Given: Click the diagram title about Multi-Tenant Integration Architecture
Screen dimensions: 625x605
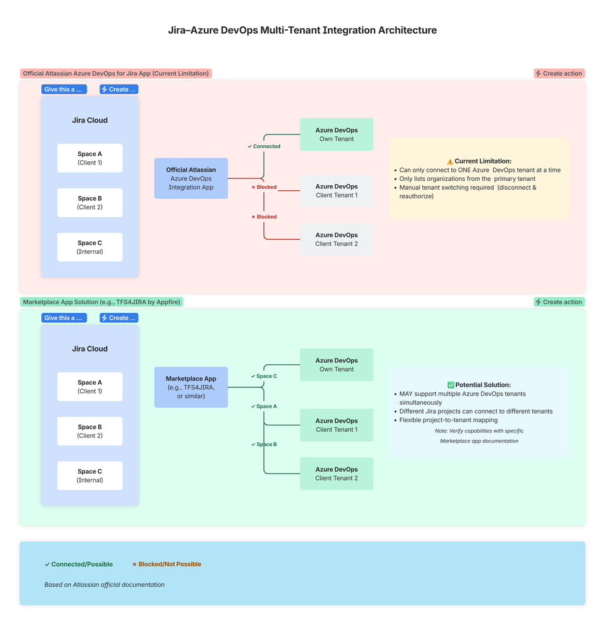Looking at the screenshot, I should [302, 30].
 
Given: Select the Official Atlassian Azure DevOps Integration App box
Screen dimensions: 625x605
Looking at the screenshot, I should [191, 178].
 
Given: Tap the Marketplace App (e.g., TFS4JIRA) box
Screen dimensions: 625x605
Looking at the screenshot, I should [191, 387].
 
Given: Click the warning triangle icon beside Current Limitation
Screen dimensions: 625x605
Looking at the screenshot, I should [450, 161].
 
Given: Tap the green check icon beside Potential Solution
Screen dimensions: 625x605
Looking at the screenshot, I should [450, 385].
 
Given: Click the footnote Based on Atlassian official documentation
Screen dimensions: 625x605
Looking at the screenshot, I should [104, 585].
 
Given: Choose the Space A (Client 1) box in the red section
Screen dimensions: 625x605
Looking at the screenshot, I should [89, 158].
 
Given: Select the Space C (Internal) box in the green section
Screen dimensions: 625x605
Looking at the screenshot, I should [89, 475].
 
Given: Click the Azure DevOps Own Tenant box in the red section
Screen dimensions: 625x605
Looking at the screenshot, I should [337, 135].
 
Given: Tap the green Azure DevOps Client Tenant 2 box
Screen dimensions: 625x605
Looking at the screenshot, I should [337, 474].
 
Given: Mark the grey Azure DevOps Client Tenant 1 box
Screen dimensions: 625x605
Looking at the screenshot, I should [337, 191].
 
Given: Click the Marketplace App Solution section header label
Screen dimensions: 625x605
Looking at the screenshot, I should [101, 302].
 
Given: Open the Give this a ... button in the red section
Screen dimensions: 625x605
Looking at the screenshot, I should [63, 89].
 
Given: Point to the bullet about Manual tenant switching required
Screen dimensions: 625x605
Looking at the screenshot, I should [467, 191].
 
